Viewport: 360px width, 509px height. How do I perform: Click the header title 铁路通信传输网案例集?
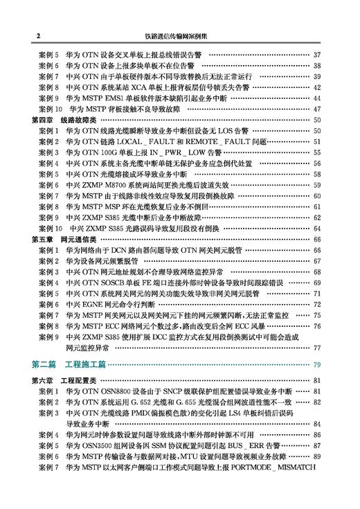[x=179, y=34]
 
